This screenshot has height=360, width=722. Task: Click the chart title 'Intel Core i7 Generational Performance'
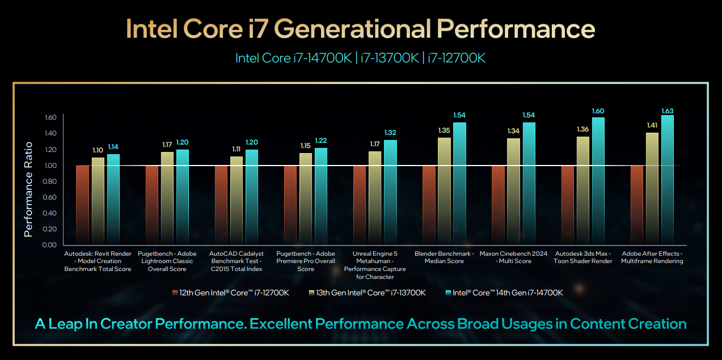pos(361,28)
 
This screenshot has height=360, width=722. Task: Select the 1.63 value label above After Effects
pos(668,111)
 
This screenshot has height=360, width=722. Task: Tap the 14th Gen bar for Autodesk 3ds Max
pos(598,181)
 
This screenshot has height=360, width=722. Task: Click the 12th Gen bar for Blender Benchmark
pos(429,205)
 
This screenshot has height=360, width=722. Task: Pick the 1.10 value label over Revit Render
pos(98,150)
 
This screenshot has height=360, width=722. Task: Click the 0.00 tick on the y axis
pos(49,245)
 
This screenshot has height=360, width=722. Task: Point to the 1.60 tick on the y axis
pos(49,118)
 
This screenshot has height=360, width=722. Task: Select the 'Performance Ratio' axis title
pos(29,189)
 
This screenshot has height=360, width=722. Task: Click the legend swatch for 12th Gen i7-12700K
pos(175,293)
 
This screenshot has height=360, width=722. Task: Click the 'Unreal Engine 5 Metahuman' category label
pos(375,265)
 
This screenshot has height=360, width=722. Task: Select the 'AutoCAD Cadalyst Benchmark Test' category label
pos(236,261)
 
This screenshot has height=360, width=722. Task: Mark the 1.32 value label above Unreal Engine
pos(390,133)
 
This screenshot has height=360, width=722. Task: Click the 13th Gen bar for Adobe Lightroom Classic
pos(167,198)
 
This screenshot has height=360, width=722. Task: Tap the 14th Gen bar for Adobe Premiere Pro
pos(321,196)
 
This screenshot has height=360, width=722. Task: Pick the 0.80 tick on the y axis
pos(49,181)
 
